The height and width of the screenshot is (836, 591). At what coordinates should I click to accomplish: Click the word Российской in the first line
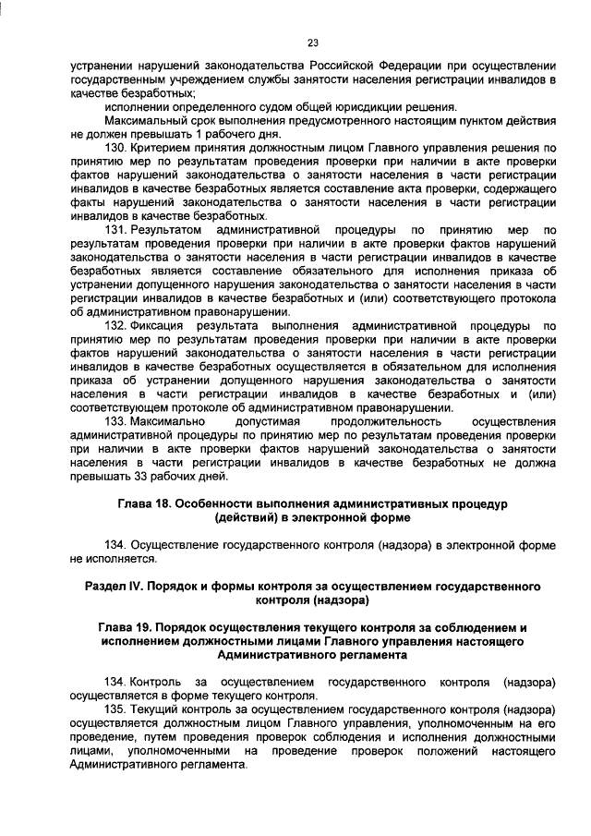[317, 67]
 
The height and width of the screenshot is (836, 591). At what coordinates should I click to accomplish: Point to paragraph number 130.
[115, 147]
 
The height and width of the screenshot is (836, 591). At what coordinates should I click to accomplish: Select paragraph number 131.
[115, 227]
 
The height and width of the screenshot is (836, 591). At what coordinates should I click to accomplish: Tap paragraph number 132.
[115, 326]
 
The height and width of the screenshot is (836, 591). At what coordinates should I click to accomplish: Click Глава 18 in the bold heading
[147, 503]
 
